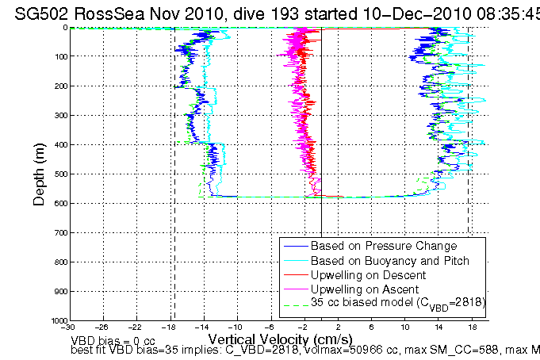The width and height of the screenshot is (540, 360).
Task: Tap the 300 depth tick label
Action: pos(60,116)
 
